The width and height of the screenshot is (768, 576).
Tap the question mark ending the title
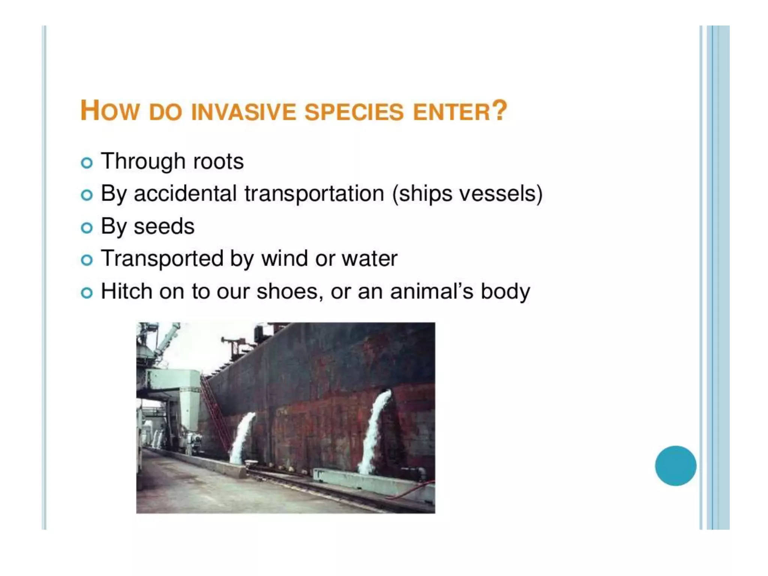coord(499,111)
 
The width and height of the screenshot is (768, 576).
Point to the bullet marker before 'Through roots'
coord(87,163)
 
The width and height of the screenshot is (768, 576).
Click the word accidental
coord(185,194)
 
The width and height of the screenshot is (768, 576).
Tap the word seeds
coord(164,226)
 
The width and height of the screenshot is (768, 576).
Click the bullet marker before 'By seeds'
coord(87,228)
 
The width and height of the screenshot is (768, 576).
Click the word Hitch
coord(126,291)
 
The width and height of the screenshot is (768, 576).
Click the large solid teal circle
coord(675,465)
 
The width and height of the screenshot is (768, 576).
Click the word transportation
coord(314,194)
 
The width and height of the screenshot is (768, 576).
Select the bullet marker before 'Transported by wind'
coord(87,260)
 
